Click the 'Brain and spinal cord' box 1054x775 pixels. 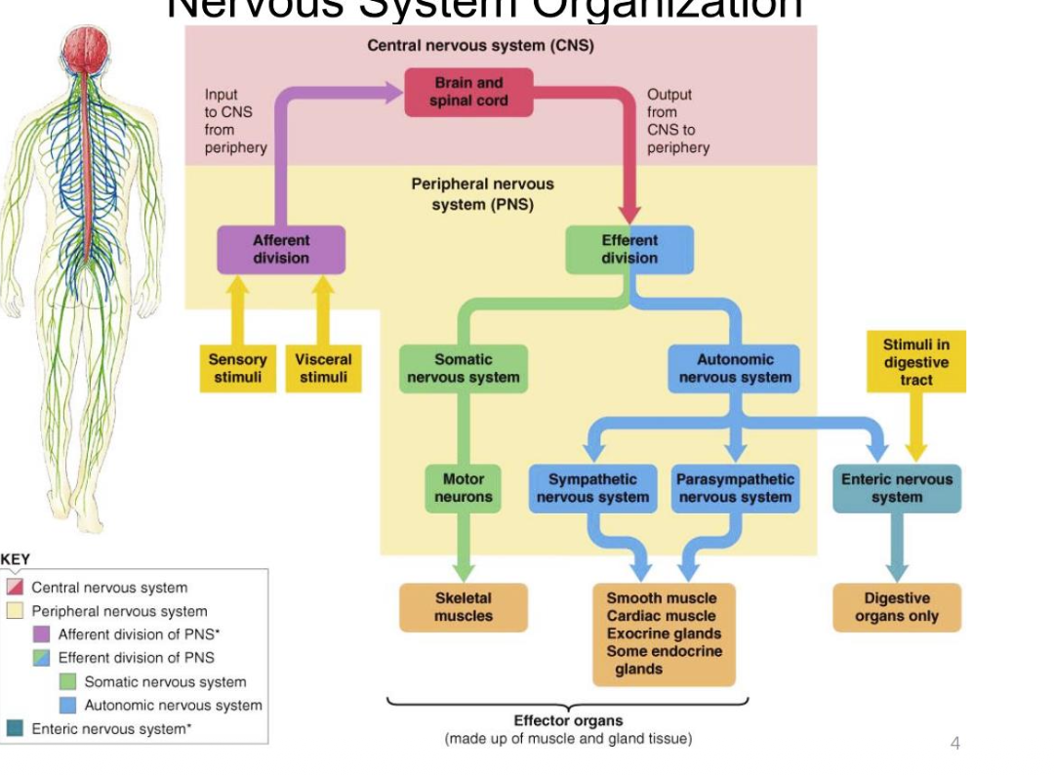(x=468, y=92)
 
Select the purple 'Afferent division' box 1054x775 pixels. (x=281, y=249)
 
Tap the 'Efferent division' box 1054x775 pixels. (x=629, y=249)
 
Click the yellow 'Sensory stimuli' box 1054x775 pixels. (x=237, y=368)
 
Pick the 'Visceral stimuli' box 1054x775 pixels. (x=323, y=368)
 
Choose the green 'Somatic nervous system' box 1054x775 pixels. (x=464, y=368)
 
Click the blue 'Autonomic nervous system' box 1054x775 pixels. (x=735, y=368)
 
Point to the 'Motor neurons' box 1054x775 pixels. (x=464, y=488)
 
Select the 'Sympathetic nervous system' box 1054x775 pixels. (x=592, y=488)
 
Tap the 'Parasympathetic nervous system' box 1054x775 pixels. (x=735, y=488)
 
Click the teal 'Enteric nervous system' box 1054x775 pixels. (x=896, y=488)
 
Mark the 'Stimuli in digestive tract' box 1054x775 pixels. (x=915, y=362)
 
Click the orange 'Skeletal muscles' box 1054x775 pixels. (x=464, y=607)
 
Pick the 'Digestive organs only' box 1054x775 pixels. (x=896, y=607)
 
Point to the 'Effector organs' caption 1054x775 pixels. (x=568, y=721)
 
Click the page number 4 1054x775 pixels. (x=955, y=744)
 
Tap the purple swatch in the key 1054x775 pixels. (x=41, y=634)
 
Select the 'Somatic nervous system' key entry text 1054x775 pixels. (x=165, y=682)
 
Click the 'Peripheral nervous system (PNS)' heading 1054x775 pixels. (x=482, y=193)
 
